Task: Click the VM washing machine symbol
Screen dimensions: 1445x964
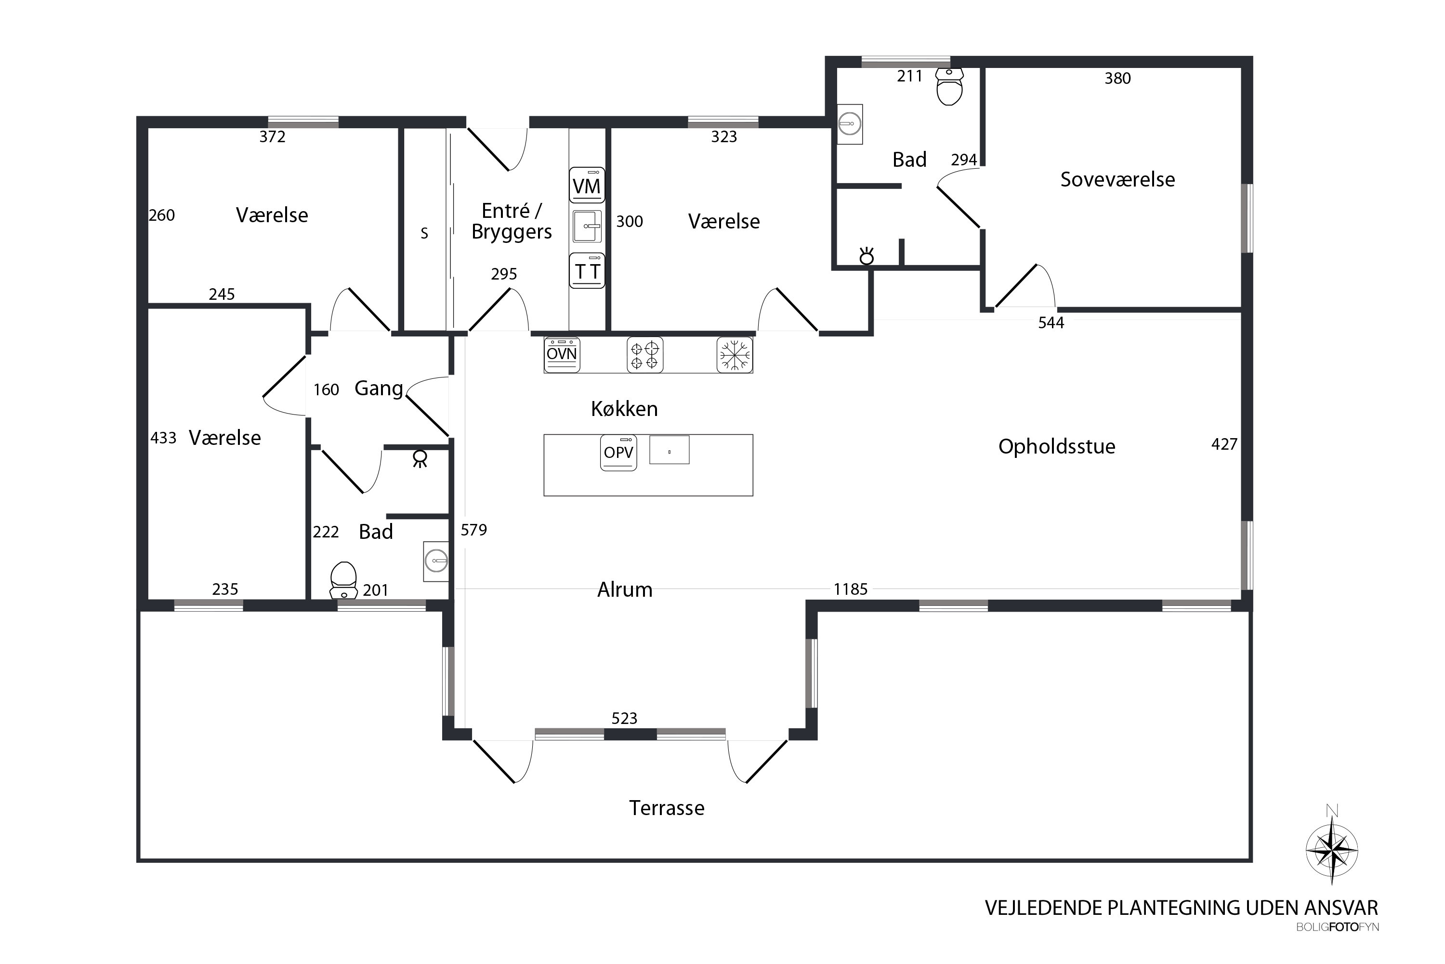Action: (587, 185)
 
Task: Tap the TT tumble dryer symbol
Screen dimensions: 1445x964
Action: (587, 270)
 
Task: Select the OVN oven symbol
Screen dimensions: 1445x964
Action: (562, 355)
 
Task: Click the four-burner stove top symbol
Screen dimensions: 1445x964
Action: (644, 355)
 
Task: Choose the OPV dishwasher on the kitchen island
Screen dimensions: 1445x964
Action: (618, 453)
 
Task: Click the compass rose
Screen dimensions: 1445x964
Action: (1331, 850)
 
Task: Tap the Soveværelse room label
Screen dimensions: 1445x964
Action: (1117, 179)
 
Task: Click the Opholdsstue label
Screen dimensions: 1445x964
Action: (1057, 446)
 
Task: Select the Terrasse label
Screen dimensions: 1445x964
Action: (667, 807)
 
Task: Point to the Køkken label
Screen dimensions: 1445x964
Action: (624, 408)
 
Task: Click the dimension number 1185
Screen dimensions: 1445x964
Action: (850, 589)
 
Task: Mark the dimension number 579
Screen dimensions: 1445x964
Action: (473, 529)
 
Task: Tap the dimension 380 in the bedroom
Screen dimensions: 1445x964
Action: (1117, 78)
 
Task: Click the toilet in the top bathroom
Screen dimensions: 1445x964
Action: (949, 86)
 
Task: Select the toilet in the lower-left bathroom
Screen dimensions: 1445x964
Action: (343, 580)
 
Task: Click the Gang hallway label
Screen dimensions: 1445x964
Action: (379, 388)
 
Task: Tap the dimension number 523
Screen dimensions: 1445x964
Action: (624, 718)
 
